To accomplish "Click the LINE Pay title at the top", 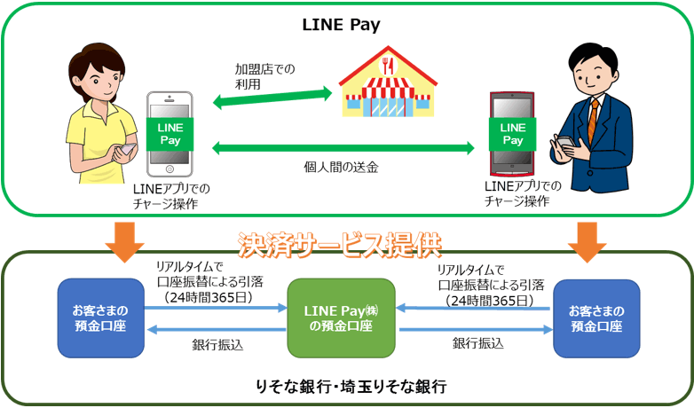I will coord(348,25).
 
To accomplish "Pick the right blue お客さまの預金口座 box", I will coord(594,317).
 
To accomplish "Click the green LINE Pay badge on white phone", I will coord(169,133).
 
